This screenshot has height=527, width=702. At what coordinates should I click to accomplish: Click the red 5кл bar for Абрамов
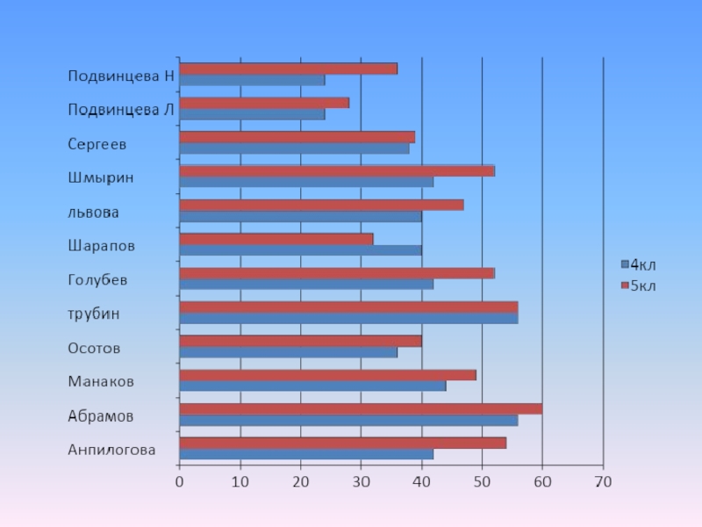click(x=360, y=408)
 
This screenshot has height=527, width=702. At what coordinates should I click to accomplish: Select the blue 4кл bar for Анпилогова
click(x=305, y=454)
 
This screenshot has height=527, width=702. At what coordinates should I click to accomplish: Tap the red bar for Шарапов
click(x=276, y=238)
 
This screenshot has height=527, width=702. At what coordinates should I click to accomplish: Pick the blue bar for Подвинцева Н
click(x=251, y=80)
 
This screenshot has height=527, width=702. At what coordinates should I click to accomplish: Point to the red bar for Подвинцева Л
click(x=263, y=103)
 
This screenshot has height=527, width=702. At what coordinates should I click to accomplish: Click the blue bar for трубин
click(x=347, y=318)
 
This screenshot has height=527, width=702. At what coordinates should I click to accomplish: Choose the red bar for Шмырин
click(x=336, y=170)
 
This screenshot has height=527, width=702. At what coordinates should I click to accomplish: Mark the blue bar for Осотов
click(x=287, y=352)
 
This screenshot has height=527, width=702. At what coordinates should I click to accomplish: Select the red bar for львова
click(x=321, y=205)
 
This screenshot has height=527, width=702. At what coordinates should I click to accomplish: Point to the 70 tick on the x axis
click(x=603, y=481)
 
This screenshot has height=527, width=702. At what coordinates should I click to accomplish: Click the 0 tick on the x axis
click(x=179, y=481)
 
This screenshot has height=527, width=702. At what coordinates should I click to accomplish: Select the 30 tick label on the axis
click(x=361, y=481)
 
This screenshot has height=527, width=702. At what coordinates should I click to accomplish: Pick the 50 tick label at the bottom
click(x=482, y=481)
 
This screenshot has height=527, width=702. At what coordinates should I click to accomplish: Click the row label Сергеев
click(x=97, y=143)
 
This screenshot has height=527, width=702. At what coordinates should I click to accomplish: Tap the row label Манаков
click(x=101, y=382)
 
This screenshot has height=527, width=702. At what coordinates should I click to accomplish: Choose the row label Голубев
click(x=98, y=280)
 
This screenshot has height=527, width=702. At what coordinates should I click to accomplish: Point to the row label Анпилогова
click(x=112, y=451)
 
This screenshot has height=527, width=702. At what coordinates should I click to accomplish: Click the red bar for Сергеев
click(x=297, y=137)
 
